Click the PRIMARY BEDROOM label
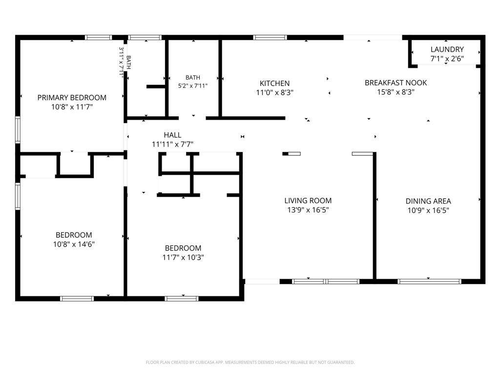pos(72,98)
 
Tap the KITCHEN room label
pos(274,83)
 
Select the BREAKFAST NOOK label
pos(396,83)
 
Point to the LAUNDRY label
pos(447,49)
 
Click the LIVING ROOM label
pos(308,201)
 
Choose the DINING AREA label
pos(428,201)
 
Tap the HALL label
pos(172,135)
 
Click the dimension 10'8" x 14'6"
pos(74,244)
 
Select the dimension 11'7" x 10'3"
pos(183,257)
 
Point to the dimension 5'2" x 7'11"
pos(192,86)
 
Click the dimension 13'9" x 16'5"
pos(308,210)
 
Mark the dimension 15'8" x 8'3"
pos(396,92)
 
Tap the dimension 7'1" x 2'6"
pos(447,59)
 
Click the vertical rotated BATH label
pos(128,62)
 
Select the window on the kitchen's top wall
pos(270,37)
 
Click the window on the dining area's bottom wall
pos(429,282)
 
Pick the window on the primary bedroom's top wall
pos(99,37)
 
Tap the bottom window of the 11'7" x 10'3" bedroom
pos(182,298)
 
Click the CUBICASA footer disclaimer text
pos(250,362)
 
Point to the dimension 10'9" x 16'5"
pos(428,210)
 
